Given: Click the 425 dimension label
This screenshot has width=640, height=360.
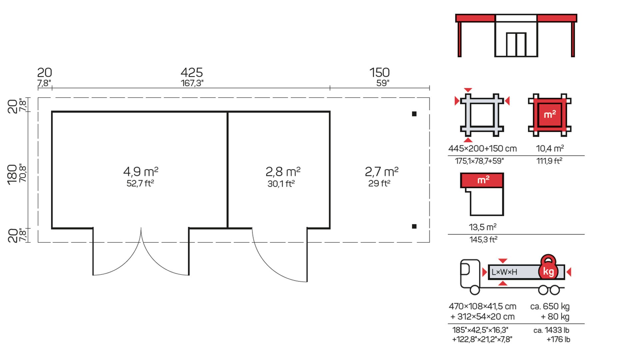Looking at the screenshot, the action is [192, 72].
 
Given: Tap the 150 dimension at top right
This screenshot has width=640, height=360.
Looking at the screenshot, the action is [379, 72].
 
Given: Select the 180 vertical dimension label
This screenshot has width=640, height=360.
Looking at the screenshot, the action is [12, 174].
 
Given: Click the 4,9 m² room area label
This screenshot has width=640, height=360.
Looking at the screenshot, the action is [141, 172].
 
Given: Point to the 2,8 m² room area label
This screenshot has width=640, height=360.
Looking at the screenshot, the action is [283, 172].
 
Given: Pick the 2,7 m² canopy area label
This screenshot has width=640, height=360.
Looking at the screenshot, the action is [382, 172].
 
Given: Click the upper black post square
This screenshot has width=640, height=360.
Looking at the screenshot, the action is [414, 114].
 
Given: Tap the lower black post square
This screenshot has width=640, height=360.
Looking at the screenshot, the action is [414, 226].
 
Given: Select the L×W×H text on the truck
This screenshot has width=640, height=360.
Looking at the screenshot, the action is [504, 272].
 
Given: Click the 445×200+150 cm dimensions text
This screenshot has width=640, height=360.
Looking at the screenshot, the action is [482, 149].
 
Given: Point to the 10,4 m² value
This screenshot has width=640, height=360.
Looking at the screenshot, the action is [550, 148].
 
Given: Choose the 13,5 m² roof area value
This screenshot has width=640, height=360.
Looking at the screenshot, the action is [483, 227].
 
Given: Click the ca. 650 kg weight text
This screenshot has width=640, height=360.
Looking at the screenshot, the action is [550, 306].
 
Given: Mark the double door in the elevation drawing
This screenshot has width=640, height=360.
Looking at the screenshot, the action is [516, 44].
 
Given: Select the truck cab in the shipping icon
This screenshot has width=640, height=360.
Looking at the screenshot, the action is [470, 274].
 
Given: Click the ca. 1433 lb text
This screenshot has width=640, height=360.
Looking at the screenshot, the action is [551, 330].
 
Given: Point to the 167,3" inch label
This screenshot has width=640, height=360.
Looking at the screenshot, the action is [192, 83].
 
